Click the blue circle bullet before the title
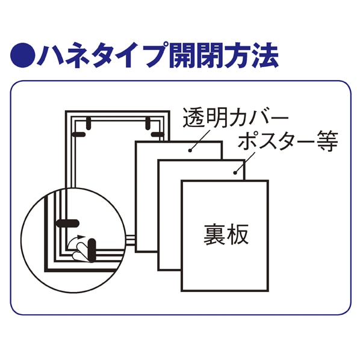[x=22, y=55]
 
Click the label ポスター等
[x=287, y=143]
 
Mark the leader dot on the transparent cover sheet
[x=191, y=149]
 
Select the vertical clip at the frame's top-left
[x=88, y=123]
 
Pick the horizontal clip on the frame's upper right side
[x=157, y=132]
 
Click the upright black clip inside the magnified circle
[x=93, y=250]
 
